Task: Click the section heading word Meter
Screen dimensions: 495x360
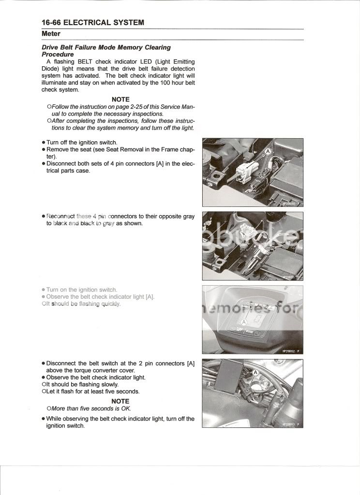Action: [51, 34]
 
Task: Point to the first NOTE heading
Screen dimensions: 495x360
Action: [120, 99]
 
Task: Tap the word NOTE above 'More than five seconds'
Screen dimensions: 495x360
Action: [120, 401]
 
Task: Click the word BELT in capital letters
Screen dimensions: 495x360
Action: [78, 61]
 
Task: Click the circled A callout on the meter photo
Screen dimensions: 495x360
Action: [244, 321]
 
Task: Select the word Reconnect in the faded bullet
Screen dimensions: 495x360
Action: [61, 216]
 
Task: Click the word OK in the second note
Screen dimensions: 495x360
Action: [126, 408]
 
